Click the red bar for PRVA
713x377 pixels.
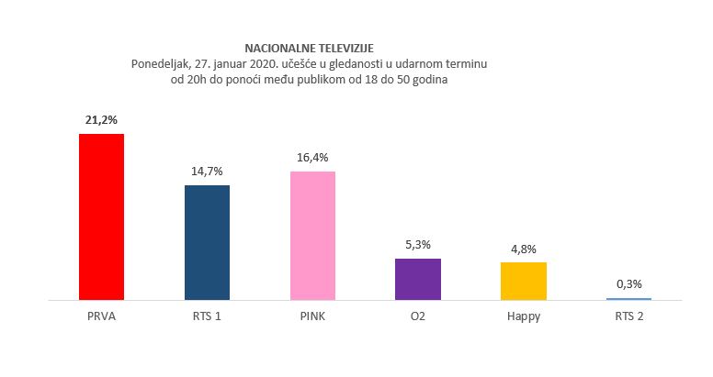101,216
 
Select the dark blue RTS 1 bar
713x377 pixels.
207,242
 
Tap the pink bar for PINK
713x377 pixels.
312,236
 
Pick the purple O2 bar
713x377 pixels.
418,279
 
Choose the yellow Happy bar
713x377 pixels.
523,281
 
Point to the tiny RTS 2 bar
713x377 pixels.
628,298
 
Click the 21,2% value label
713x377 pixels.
101,120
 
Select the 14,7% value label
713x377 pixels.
207,172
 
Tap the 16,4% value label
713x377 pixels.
312,158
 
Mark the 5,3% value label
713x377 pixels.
418,245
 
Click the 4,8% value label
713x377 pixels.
523,249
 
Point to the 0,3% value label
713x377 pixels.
628,284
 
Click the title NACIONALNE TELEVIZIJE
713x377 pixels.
309,47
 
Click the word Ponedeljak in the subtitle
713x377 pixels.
162,63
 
